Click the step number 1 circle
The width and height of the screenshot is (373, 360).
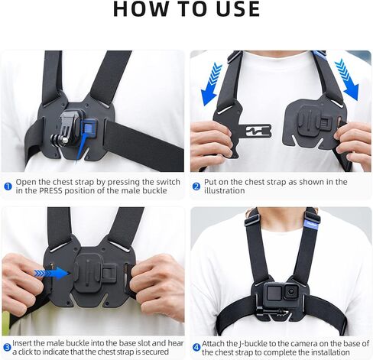8,183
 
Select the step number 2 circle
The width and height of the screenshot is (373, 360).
196,183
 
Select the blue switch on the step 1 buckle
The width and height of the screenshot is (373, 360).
89,128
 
